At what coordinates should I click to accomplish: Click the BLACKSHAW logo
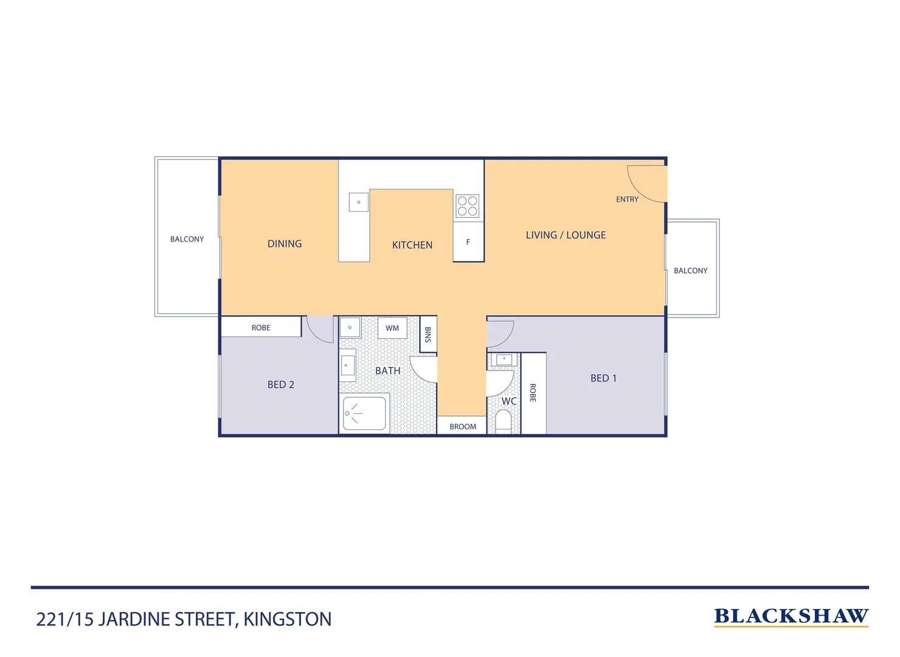(791, 616)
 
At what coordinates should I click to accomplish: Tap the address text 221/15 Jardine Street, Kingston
(184, 619)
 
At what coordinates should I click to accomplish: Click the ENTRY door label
(627, 200)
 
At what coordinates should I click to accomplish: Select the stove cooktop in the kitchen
(467, 206)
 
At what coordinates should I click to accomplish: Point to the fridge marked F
(468, 242)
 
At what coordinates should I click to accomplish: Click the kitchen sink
(358, 202)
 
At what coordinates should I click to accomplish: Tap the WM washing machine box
(392, 328)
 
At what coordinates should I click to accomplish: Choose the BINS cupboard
(428, 334)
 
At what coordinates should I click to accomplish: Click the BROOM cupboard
(462, 426)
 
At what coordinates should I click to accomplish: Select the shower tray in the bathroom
(364, 414)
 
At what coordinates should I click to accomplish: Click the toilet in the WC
(504, 421)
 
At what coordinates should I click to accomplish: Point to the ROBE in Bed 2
(261, 327)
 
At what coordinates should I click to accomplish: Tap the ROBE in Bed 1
(533, 393)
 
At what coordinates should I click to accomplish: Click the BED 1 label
(603, 378)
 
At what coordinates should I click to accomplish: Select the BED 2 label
(280, 384)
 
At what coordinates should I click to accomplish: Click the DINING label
(284, 244)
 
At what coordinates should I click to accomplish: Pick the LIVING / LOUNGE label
(566, 235)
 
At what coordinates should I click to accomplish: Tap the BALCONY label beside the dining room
(187, 239)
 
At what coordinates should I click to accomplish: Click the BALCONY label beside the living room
(690, 271)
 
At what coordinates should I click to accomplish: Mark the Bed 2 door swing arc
(319, 330)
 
